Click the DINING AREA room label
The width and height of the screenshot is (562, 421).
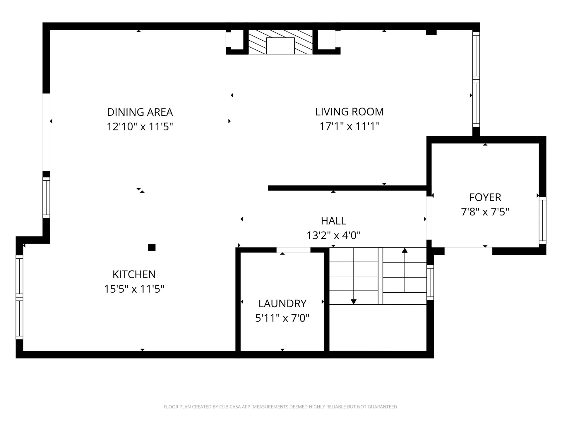point(140,112)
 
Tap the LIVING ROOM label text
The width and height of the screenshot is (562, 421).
point(349,112)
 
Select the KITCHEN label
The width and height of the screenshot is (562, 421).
point(134,275)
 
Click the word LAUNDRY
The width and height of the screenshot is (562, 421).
point(282,304)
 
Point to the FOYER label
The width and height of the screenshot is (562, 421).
point(485,197)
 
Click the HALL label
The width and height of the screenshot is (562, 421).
point(333,221)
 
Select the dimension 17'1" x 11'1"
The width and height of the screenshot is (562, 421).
point(349,126)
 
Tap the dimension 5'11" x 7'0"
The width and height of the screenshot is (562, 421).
point(282,318)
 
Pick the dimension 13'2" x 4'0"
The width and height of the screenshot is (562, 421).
point(333,235)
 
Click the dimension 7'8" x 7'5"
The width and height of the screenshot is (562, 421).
point(485,212)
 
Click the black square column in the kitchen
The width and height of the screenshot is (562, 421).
point(152,247)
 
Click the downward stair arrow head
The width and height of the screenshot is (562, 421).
point(354,301)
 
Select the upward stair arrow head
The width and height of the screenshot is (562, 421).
point(405,250)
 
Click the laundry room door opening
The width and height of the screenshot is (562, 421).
point(293,250)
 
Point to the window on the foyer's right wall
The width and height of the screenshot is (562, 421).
point(542,220)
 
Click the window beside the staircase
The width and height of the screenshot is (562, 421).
point(430,282)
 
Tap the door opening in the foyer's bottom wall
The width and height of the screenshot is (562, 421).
point(468,251)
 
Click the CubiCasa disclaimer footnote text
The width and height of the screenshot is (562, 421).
point(281,407)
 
